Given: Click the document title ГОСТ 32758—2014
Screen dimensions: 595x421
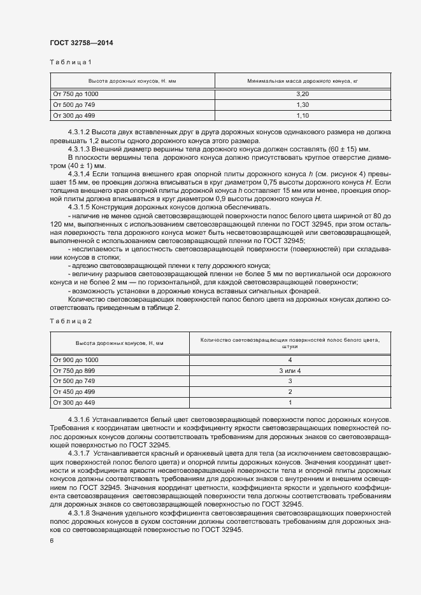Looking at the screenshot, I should (x=82, y=43).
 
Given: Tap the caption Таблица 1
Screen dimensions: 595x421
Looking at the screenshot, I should (x=71, y=62).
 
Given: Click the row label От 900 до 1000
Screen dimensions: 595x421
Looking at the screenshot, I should (x=76, y=360).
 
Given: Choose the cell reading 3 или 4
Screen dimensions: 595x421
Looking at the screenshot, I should (x=290, y=370).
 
